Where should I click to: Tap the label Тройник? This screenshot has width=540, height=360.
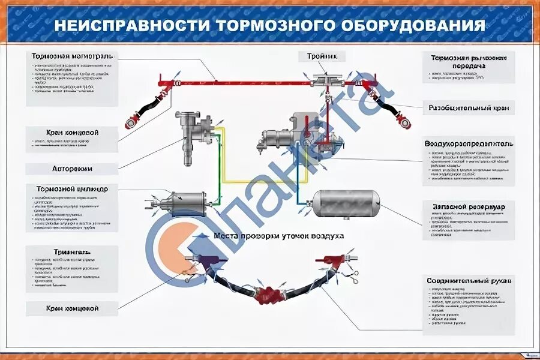click(322, 56)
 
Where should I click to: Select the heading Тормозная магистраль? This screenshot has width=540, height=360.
click(72, 56)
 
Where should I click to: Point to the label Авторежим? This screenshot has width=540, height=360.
click(72, 169)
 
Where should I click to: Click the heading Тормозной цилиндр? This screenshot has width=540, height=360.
click(72, 189)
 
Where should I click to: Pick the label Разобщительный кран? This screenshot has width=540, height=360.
click(469, 109)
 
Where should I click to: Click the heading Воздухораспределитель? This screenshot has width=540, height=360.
click(469, 144)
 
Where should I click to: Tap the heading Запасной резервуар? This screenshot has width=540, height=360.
click(469, 206)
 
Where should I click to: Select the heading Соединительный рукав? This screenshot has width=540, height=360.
click(469, 280)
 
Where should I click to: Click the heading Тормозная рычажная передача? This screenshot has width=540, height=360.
click(469, 62)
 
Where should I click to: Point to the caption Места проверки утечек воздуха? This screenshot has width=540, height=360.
click(279, 236)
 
